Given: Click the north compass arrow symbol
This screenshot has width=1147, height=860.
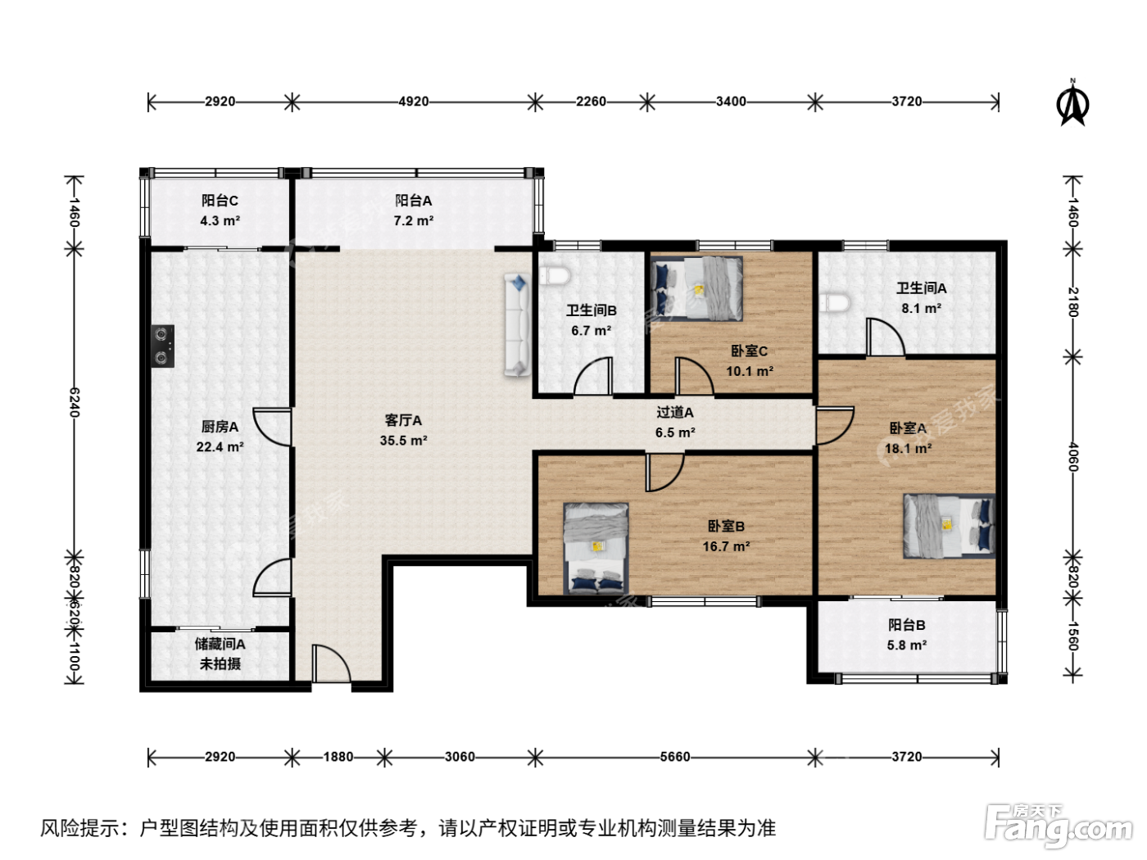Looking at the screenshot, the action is click(1072, 104).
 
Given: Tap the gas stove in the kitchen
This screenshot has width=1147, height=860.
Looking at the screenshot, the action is click(162, 346).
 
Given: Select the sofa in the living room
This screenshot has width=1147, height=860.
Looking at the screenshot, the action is click(517, 324).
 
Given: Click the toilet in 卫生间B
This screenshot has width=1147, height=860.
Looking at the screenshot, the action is click(554, 275).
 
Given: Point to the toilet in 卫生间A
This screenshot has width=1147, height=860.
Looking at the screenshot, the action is click(835, 303).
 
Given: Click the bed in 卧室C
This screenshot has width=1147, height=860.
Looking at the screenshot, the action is click(696, 288).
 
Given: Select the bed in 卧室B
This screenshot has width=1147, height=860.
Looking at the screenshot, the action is click(596, 548).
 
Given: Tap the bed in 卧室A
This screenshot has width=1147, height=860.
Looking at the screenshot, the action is click(949, 526).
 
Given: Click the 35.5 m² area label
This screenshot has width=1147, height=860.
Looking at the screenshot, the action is click(403, 440).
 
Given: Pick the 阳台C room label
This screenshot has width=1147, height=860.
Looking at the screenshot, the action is click(220, 201).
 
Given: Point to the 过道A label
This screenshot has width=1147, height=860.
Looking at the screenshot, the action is click(674, 413).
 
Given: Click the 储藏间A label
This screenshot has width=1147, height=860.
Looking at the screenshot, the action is click(220, 644).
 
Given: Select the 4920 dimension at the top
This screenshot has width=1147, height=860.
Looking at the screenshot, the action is click(414, 102).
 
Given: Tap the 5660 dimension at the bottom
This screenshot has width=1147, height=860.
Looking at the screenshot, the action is click(674, 757).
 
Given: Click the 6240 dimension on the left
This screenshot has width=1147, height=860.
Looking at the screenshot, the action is click(75, 402).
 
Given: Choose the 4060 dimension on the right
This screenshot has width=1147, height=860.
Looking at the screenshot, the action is click(1072, 457).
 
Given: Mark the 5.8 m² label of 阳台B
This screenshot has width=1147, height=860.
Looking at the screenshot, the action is click(907, 645).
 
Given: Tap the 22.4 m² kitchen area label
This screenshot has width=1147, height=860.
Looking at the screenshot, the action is click(220, 447).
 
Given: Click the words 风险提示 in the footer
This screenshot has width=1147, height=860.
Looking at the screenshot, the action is click(79, 828).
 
